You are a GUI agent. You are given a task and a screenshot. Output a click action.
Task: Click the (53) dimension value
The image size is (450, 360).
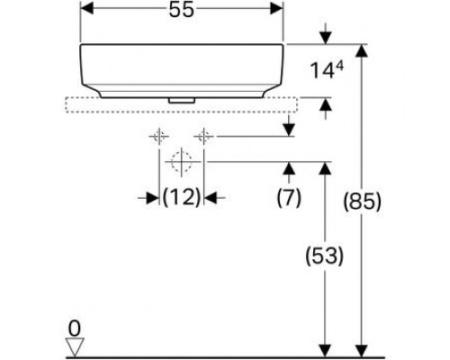coord(324,256)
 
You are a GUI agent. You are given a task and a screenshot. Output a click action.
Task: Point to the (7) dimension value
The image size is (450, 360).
coord(287,195)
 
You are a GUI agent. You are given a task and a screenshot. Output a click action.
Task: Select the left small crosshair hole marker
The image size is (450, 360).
coord(158,137)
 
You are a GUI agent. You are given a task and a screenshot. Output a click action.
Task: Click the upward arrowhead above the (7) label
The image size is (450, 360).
coord(287,168)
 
